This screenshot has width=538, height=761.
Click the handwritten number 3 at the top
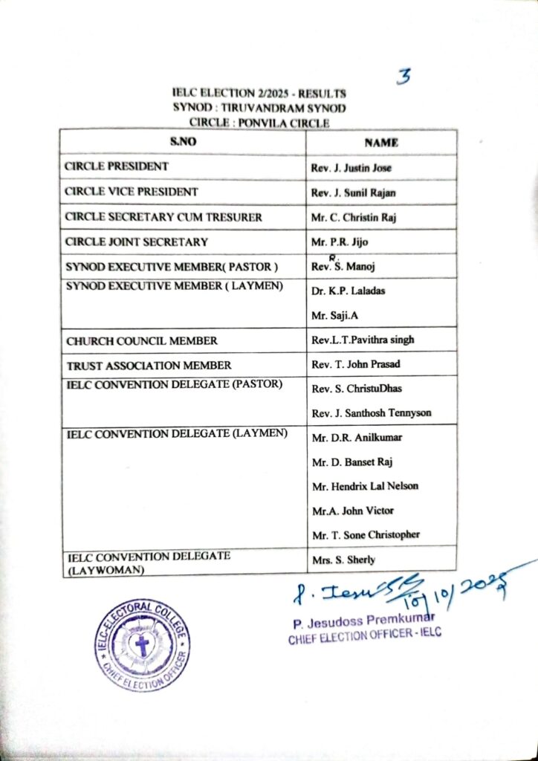tap(405, 76)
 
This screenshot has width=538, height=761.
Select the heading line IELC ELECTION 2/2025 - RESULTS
tap(259, 94)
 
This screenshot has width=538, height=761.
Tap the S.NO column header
tap(182, 142)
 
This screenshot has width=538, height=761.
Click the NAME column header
tap(381, 142)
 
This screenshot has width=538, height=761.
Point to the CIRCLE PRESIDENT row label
tap(117, 166)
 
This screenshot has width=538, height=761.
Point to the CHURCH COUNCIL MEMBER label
tap(141, 340)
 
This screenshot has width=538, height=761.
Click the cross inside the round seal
tap(142, 644)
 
